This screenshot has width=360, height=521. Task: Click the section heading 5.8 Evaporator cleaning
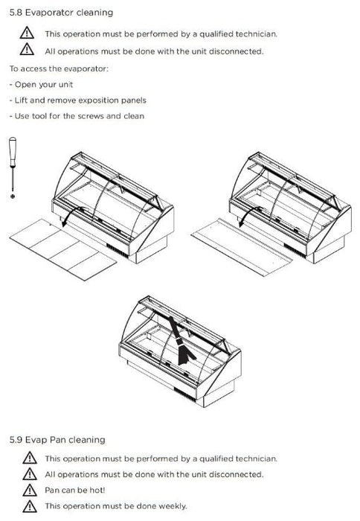[x=61, y=13]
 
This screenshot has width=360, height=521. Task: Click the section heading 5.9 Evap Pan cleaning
[x=57, y=440]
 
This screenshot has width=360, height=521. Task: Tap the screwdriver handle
[x=13, y=152]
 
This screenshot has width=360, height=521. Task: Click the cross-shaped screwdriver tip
[x=13, y=196]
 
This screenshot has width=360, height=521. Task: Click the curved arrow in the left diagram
[x=71, y=214]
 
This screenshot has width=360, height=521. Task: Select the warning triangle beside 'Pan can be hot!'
[x=30, y=490]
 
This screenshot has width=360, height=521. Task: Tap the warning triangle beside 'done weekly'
[x=30, y=506]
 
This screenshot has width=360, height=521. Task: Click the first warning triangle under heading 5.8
[x=27, y=33]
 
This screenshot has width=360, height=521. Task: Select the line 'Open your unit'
[x=41, y=85]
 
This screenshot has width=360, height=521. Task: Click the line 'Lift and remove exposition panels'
[x=77, y=100]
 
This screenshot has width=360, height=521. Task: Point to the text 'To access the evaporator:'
[x=59, y=68]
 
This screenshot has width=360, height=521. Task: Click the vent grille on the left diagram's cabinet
[x=118, y=251]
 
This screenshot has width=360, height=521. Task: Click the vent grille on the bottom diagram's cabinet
[x=184, y=394]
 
